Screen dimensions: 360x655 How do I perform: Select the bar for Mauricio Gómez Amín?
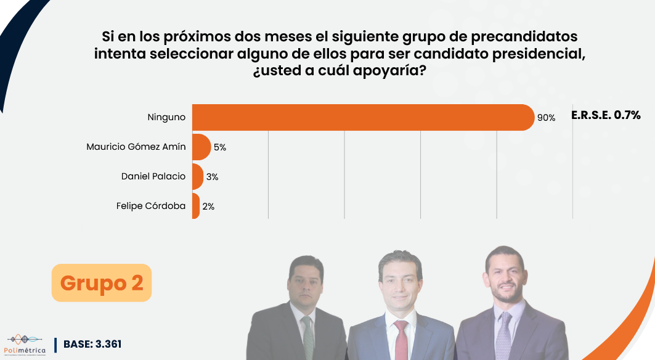[201, 147]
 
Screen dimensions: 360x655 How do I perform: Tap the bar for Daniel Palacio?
[197, 176]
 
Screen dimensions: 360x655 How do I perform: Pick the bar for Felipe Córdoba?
[195, 206]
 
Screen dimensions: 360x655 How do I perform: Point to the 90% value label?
[546, 118]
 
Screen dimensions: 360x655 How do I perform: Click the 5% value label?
[220, 147]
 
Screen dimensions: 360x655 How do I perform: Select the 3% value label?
[213, 177]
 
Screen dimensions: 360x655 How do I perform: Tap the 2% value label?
[208, 207]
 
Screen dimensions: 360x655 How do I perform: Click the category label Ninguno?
[166, 117]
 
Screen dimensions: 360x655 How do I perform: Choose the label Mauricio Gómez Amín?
[136, 147]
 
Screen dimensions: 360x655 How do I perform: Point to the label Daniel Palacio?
[153, 176]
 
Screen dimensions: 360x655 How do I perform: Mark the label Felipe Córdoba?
[151, 206]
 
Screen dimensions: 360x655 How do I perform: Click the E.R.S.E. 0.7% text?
[606, 115]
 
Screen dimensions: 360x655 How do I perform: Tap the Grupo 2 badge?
[102, 283]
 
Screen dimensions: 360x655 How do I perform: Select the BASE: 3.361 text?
[92, 344]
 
